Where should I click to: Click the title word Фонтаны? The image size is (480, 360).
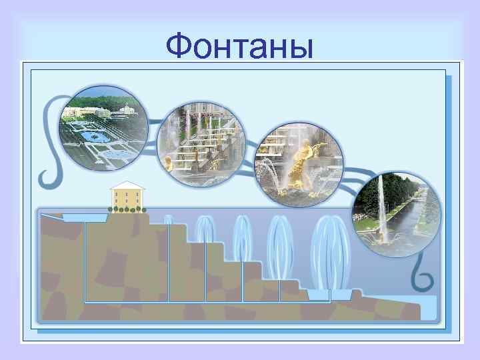[x=239, y=46]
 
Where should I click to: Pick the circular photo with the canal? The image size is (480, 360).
[x=396, y=211]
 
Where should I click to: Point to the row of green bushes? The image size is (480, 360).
[x=127, y=209]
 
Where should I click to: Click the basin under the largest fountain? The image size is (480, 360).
[x=331, y=294]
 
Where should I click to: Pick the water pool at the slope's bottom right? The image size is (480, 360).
[x=427, y=307]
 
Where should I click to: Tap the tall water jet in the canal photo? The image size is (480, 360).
[x=381, y=200]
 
